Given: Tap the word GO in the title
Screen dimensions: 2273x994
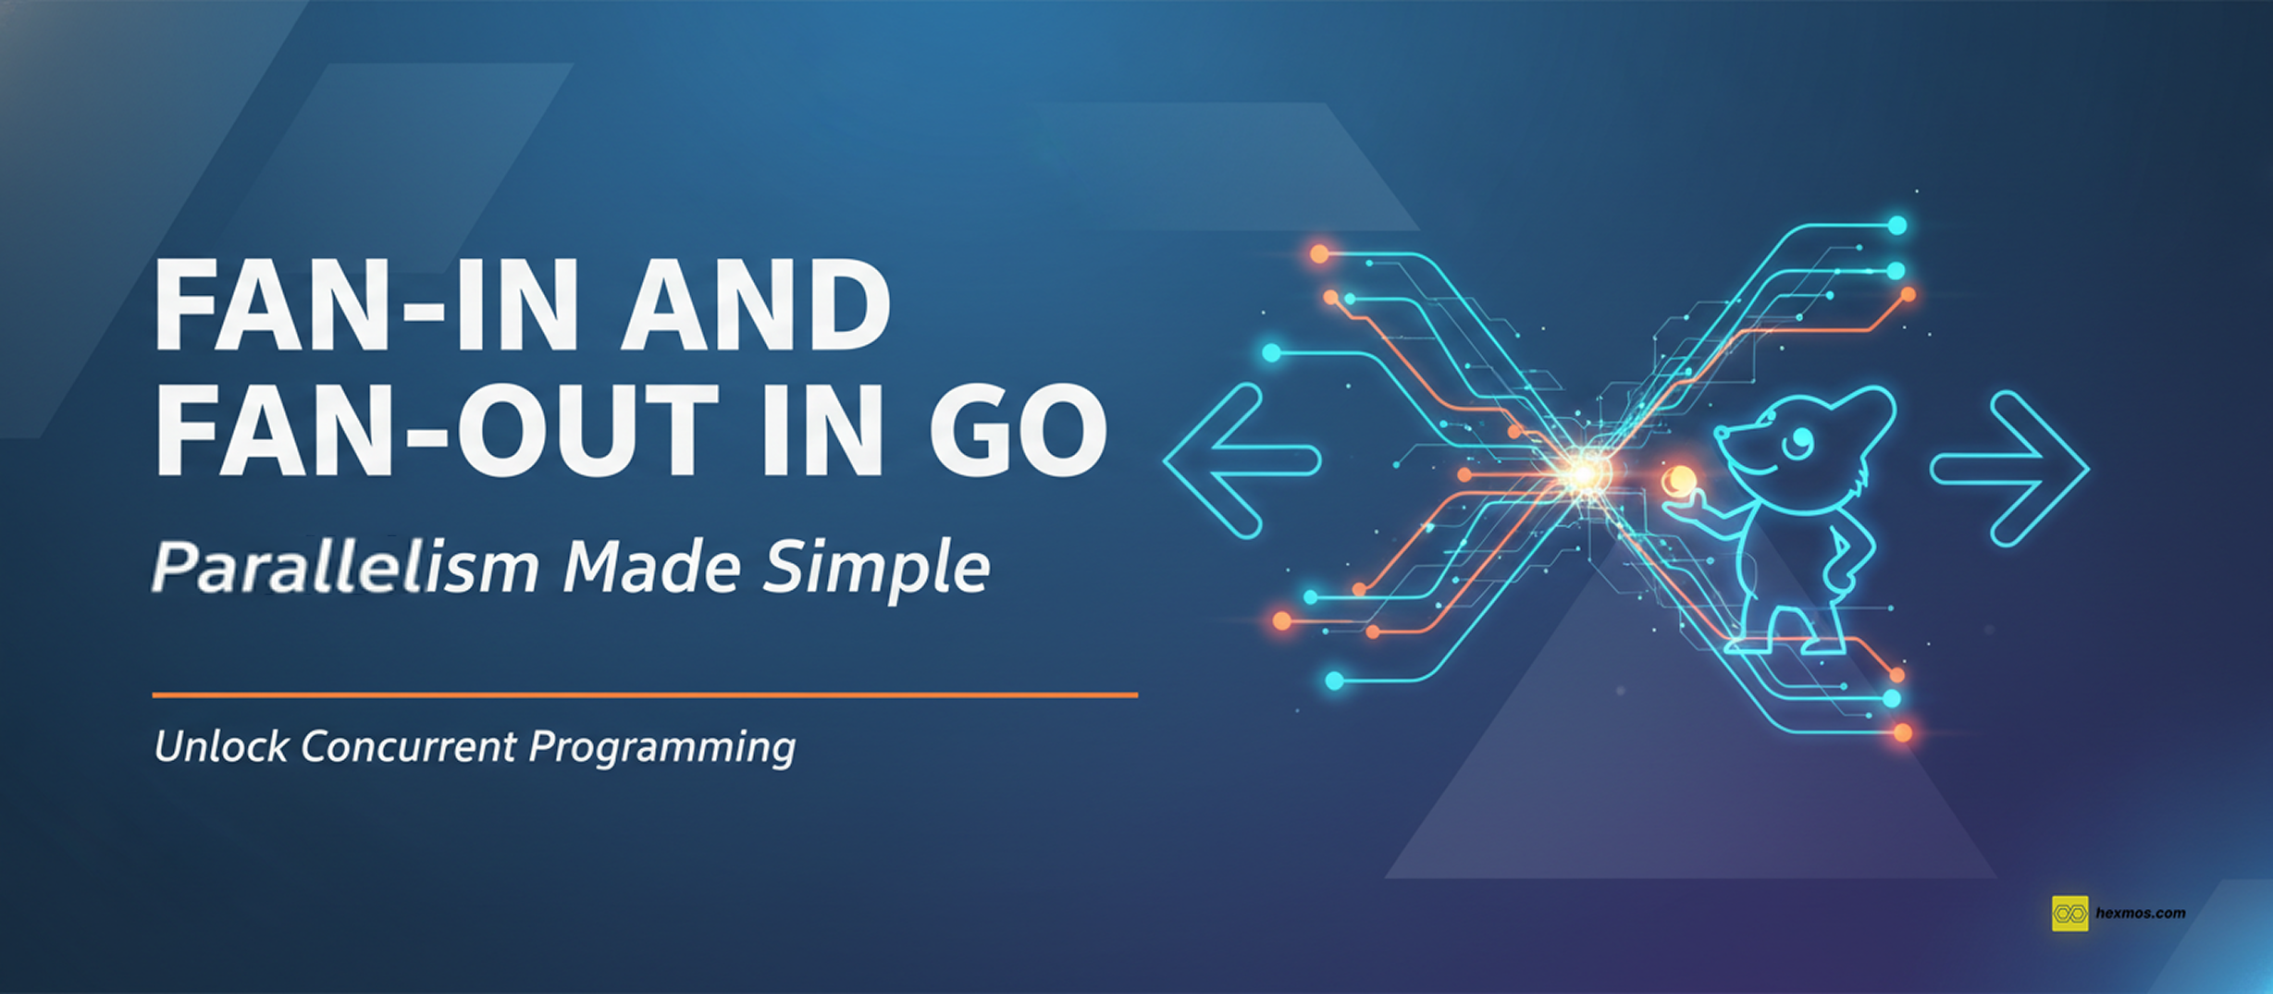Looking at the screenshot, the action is (1018, 430).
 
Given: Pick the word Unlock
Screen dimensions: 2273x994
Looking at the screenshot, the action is (221, 746).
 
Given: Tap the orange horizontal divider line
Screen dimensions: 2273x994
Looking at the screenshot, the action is (645, 694).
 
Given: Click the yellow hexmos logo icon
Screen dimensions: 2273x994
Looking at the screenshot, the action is (2069, 914).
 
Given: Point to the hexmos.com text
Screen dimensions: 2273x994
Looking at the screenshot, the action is (2141, 914).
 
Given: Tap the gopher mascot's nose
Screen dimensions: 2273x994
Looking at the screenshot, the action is (1721, 433).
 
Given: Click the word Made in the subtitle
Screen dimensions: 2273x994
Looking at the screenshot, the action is (651, 566).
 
